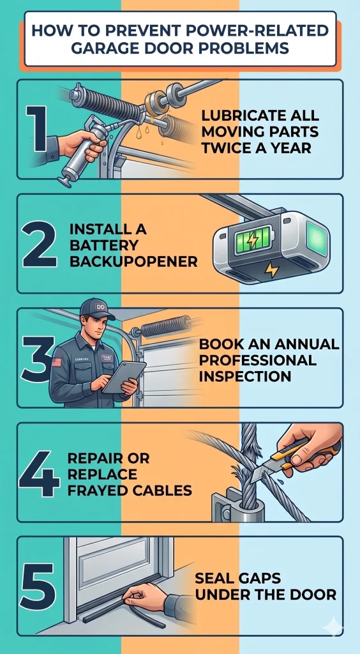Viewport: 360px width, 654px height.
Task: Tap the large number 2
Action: click(x=39, y=243)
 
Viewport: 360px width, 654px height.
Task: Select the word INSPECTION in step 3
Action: click(x=245, y=376)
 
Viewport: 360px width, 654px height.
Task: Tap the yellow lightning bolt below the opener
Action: click(x=271, y=270)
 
